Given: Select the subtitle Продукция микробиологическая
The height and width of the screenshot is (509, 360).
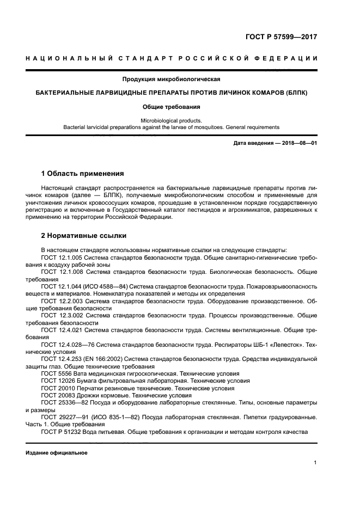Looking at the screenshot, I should [172, 79].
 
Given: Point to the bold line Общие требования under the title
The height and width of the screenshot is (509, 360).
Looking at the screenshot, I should [172, 107].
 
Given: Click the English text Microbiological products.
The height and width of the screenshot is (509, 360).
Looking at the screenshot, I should [172, 120].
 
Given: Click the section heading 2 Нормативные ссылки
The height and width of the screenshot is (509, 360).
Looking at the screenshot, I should [84, 236].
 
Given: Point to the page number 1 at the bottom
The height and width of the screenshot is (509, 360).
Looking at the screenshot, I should [315, 463].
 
